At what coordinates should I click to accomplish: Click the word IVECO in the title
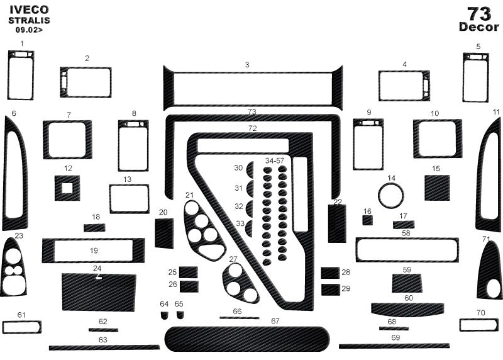coord(29,9)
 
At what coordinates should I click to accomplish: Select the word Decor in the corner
coord(479,27)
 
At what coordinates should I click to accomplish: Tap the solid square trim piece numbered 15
coord(437,188)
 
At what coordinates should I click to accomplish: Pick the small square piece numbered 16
coord(368,220)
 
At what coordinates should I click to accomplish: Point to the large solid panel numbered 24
coord(99,292)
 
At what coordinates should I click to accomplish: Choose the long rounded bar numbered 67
coord(247,339)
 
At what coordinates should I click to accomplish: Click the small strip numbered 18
coord(94,228)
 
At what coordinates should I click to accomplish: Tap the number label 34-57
coord(275,160)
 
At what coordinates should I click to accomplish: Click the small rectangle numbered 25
coord(188,273)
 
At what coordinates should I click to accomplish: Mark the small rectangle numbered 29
coord(331,290)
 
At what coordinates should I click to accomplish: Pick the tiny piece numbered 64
coord(164,315)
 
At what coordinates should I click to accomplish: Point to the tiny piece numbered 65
coord(180,315)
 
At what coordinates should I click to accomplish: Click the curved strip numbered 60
coord(407,309)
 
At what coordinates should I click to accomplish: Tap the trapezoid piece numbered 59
coord(407,283)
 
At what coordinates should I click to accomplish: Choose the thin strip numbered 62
coord(103,330)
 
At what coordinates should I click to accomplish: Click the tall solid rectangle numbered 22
coord(337,223)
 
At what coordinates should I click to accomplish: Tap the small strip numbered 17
coord(404,225)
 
